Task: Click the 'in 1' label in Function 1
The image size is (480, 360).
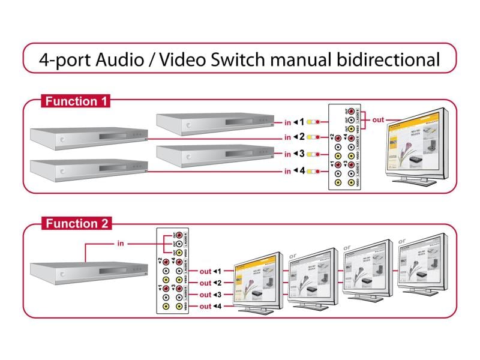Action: click(295, 122)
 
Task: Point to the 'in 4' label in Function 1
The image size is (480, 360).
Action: click(295, 172)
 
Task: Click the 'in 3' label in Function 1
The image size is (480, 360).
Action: click(295, 154)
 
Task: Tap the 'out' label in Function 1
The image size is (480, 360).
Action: click(378, 119)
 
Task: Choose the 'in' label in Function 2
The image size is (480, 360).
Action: click(119, 244)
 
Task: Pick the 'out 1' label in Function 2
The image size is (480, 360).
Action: click(211, 271)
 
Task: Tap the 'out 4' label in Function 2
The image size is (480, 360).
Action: click(211, 307)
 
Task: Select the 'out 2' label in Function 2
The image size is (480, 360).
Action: click(211, 283)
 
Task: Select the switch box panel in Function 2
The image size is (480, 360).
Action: click(172, 271)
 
